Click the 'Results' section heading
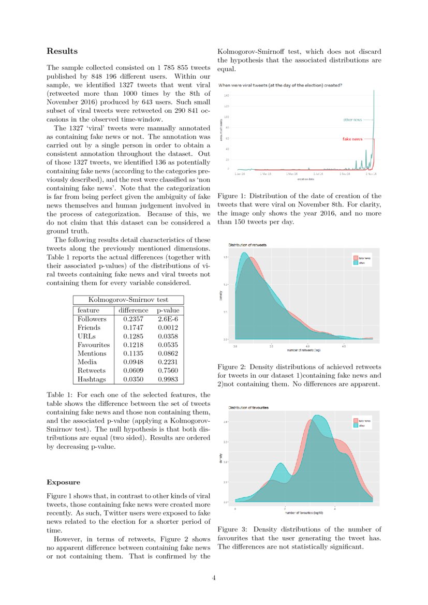click(x=62, y=51)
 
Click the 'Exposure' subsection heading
click(x=63, y=482)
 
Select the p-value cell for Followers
click(x=168, y=319)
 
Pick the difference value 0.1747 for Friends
click(x=134, y=328)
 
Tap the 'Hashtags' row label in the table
click(x=92, y=379)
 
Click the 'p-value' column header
click(x=168, y=310)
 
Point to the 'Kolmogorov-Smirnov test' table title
click(x=128, y=300)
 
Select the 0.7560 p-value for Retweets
click(x=168, y=371)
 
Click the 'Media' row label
click(x=87, y=362)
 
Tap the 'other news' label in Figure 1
click(x=352, y=120)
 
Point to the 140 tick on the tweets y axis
click(x=227, y=96)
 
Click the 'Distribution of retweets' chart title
click(x=248, y=244)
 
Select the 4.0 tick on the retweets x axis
click(x=307, y=345)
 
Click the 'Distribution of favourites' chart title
click(x=248, y=408)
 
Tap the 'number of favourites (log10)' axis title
click(x=304, y=513)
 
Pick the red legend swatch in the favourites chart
click(x=355, y=421)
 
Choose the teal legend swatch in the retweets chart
click(x=355, y=263)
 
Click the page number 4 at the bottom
click(x=214, y=578)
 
